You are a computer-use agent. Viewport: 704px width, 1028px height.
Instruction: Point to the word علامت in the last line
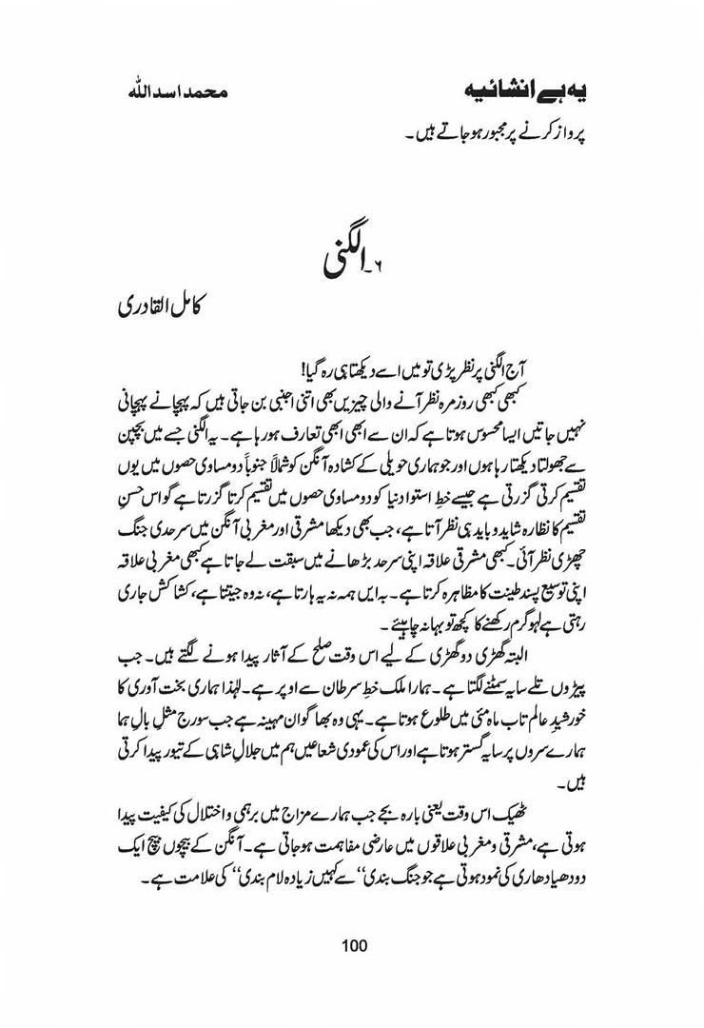(136, 869)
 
